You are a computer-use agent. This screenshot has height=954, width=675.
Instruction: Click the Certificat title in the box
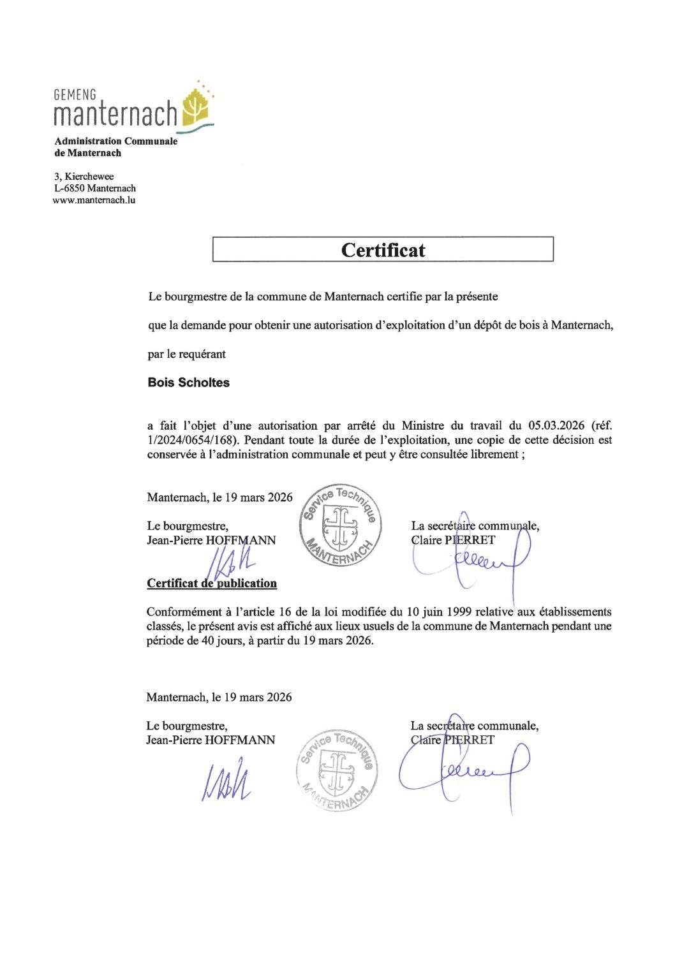[x=383, y=250]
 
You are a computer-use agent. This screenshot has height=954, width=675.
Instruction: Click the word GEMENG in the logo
[x=75, y=95]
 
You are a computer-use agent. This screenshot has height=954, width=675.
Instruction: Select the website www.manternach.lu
[x=94, y=200]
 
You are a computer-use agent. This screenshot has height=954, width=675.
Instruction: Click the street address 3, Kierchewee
[x=84, y=177]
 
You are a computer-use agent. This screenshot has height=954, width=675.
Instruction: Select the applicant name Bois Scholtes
[x=188, y=383]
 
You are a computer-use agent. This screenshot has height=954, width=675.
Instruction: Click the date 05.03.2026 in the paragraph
[x=556, y=426]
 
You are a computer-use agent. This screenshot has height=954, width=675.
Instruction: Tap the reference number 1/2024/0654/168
[x=191, y=440]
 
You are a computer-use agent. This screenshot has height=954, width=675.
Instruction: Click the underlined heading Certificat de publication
[x=212, y=583]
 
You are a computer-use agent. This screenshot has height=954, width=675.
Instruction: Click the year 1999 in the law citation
[x=459, y=612]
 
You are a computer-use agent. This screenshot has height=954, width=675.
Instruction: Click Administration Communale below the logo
[x=115, y=142]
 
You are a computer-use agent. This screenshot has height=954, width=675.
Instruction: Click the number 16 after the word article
[x=285, y=612]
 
